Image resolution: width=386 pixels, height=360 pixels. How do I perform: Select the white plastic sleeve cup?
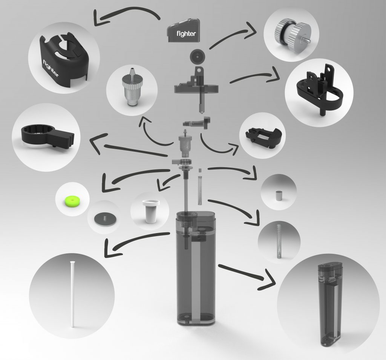[x=151, y=211]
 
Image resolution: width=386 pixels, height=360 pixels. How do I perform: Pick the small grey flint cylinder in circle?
[x=279, y=196]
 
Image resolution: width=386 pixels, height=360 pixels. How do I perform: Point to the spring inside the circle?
[x=279, y=241]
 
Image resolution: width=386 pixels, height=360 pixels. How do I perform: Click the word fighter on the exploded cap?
[x=186, y=33]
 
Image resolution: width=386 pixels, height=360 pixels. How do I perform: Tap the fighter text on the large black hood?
[x=51, y=68]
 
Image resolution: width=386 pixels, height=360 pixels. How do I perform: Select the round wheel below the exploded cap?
[x=198, y=56]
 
